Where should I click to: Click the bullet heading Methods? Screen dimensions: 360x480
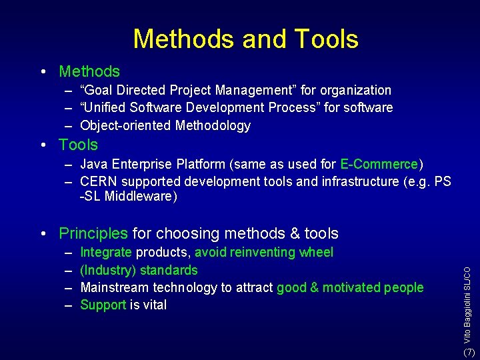tap(89, 71)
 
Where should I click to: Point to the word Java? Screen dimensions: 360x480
tap(94, 164)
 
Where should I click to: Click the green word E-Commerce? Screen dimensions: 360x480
tap(379, 164)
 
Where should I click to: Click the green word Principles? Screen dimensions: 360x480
tap(93, 233)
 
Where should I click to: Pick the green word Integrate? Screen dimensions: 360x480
tap(106, 252)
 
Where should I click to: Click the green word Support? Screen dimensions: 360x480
tap(103, 305)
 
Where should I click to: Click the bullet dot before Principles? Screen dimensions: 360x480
tap(42, 233)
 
